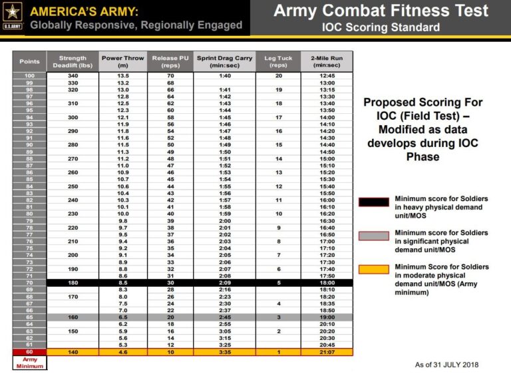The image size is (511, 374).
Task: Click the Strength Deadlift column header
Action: pyautogui.click(x=73, y=61)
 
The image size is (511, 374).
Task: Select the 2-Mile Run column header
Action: pyautogui.click(x=327, y=61)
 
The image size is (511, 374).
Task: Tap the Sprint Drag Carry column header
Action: pyautogui.click(x=224, y=61)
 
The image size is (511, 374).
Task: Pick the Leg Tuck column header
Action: pyautogui.click(x=278, y=61)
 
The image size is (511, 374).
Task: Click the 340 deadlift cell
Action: pyautogui.click(x=73, y=75)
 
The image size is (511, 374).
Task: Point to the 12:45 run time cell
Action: pyautogui.click(x=327, y=75)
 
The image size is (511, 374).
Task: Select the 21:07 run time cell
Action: pyautogui.click(x=327, y=352)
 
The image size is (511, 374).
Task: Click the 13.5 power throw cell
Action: pyautogui.click(x=123, y=75)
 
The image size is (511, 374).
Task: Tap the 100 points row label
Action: pyautogui.click(x=29, y=75)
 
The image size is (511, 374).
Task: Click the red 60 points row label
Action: pyautogui.click(x=29, y=352)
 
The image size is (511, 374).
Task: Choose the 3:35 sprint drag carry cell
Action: pyautogui.click(x=224, y=352)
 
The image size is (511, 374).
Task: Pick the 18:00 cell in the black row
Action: pyautogui.click(x=327, y=282)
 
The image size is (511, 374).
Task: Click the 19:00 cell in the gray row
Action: pyautogui.click(x=327, y=317)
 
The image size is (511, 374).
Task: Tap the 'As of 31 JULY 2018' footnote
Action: pyautogui.click(x=446, y=364)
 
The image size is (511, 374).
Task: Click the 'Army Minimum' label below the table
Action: pyautogui.click(x=29, y=363)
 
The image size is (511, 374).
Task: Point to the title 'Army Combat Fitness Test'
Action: pyautogui.click(x=381, y=11)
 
